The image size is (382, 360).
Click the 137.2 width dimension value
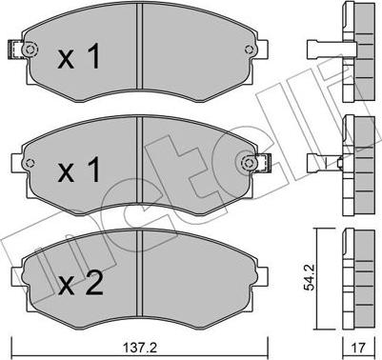pyautogui.click(x=140, y=348)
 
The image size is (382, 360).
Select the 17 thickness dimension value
pyautogui.click(x=359, y=348)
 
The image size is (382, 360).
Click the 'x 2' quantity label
pyautogui.click(x=81, y=284)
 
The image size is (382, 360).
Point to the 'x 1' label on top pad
pyautogui.click(x=79, y=56)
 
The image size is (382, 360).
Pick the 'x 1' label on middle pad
pyautogui.click(x=79, y=170)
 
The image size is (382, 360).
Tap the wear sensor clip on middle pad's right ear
pyautogui.click(x=263, y=163)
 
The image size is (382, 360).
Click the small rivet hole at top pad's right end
pyautogui.click(x=250, y=50)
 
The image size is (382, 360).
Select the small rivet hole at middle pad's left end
pyautogui.click(x=30, y=163)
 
